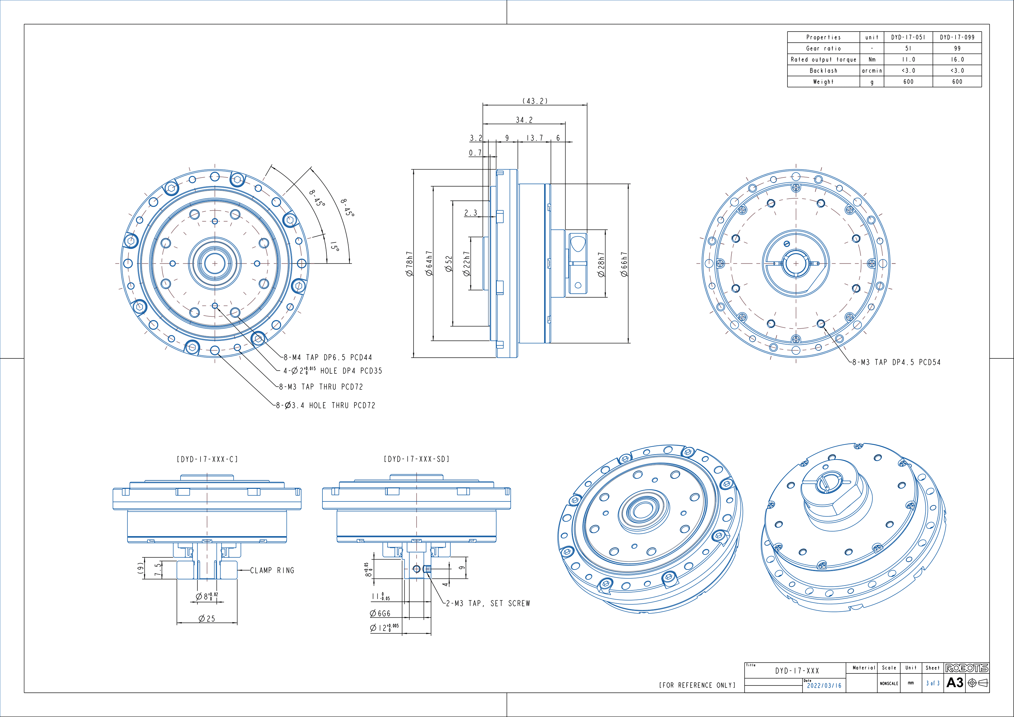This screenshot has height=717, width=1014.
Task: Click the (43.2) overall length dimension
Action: coord(535,101)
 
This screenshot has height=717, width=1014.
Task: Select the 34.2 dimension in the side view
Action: coord(524,120)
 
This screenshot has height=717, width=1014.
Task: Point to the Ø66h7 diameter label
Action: coord(623,264)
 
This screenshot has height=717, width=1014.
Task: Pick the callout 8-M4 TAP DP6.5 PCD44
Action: coord(328,357)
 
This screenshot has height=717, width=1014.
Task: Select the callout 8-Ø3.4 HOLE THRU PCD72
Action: coord(326,406)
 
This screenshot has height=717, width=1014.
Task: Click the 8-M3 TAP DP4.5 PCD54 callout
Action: coord(896,362)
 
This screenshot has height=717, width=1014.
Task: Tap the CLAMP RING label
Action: coord(272,570)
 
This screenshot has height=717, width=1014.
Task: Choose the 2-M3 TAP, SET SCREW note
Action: coord(488,604)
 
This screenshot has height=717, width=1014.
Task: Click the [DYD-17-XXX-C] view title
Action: coord(207,460)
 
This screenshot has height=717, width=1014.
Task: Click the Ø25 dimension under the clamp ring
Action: coord(207,619)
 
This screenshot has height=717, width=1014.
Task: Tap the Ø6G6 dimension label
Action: coord(380,614)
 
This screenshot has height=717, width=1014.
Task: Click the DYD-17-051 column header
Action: coord(908,37)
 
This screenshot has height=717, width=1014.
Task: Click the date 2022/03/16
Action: coord(824,686)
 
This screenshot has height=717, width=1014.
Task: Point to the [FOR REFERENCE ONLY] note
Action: coord(697,685)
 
